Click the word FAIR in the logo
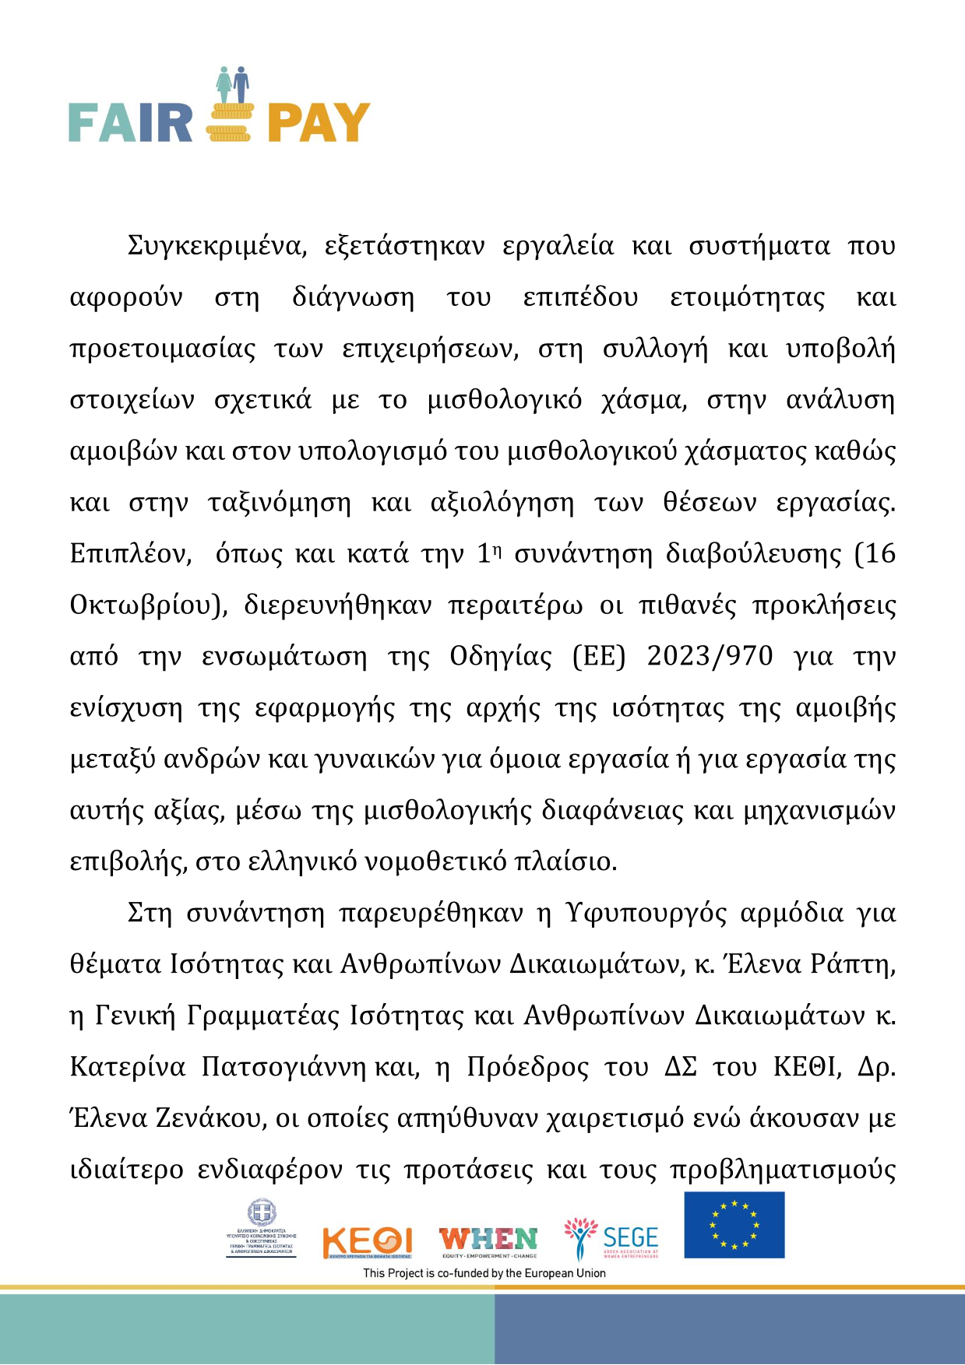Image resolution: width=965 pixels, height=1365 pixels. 130,123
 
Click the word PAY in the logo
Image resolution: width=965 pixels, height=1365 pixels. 319,123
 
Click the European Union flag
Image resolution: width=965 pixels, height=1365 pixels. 734,1225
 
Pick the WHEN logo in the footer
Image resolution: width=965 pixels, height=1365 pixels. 488,1240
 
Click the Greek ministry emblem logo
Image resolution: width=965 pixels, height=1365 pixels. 261,1230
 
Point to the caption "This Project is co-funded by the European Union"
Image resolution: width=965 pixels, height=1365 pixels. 484,1273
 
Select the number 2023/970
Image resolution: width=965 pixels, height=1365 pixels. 710,657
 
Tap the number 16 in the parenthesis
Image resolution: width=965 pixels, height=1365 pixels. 880,554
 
